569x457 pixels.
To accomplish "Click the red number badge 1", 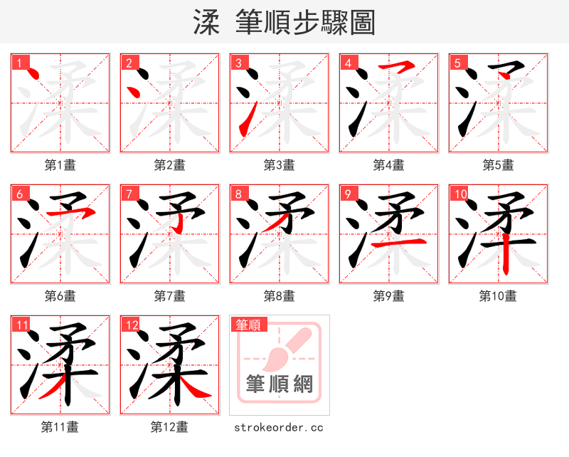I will pyautogui.click(x=18, y=63).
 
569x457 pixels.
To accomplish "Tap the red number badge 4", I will pyautogui.click(x=348, y=63).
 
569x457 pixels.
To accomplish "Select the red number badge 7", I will pyautogui.click(x=128, y=194).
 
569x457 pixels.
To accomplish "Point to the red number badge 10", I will pyautogui.click(x=460, y=194).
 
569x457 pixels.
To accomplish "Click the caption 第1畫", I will pyautogui.click(x=60, y=164).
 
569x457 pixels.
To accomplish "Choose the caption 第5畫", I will pyautogui.click(x=498, y=164).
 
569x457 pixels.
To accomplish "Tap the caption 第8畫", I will pyautogui.click(x=279, y=295).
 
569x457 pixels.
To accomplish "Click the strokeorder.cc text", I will pyautogui.click(x=279, y=427).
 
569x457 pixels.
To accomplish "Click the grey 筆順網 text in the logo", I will pyautogui.click(x=280, y=384).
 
